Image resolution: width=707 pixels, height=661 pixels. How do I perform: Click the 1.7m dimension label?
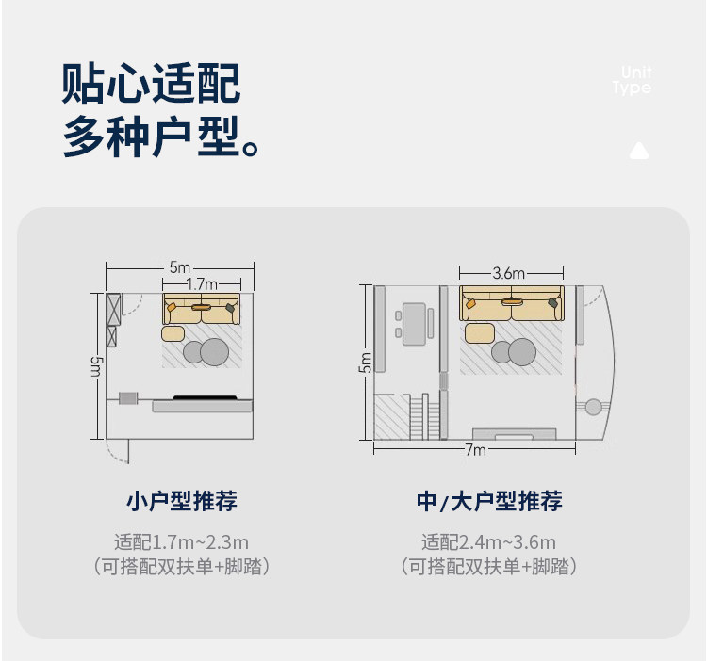click(x=202, y=283)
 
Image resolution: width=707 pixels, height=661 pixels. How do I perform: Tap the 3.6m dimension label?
click(x=508, y=273)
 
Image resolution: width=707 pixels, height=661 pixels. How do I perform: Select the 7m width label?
click(x=475, y=450)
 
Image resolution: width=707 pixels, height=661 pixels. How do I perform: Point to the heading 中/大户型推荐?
click(x=489, y=501)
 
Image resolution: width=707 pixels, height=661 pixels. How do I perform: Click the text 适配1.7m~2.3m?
click(x=181, y=542)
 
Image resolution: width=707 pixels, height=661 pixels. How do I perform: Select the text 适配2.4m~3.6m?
click(x=488, y=542)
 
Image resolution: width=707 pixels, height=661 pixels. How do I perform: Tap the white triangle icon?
click(x=639, y=150)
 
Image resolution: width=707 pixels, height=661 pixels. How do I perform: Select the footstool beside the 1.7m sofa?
click(x=173, y=333)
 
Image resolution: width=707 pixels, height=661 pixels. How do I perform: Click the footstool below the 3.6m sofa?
click(x=479, y=332)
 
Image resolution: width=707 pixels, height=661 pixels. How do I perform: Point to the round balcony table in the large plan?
click(x=593, y=408)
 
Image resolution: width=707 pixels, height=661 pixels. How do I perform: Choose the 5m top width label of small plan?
click(x=179, y=267)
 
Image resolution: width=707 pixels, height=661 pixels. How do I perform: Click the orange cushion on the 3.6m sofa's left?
click(x=469, y=305)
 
